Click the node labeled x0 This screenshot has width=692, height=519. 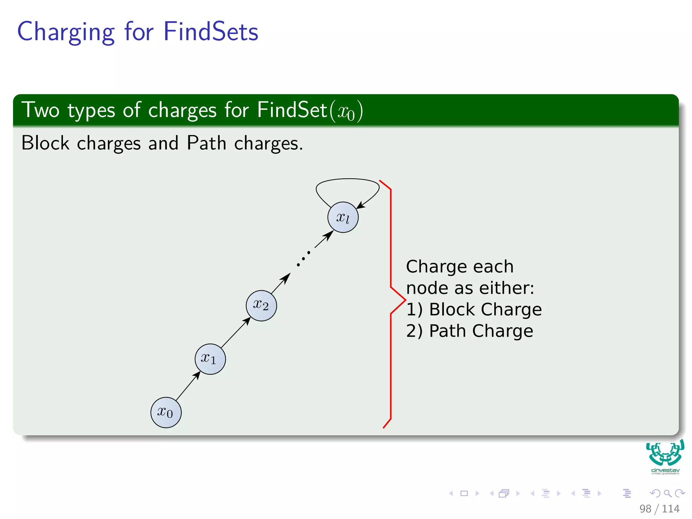[x=166, y=413]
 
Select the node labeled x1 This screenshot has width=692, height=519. [x=210, y=359]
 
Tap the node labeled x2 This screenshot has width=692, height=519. [x=261, y=305]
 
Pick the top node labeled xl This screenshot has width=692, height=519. [x=343, y=217]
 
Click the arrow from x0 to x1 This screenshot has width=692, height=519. [x=188, y=386]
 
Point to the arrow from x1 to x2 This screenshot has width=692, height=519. [x=236, y=332]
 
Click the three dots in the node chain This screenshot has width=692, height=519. [x=303, y=258]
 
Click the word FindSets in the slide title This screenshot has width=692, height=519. [x=211, y=31]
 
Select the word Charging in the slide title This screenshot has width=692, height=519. [x=66, y=32]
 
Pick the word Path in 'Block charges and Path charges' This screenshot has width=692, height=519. [x=206, y=143]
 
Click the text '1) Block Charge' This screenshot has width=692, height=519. [x=474, y=310]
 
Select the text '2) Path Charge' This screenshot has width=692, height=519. [x=470, y=331]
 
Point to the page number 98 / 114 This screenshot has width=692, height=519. [x=659, y=509]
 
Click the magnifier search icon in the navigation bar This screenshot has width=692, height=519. [x=668, y=493]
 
